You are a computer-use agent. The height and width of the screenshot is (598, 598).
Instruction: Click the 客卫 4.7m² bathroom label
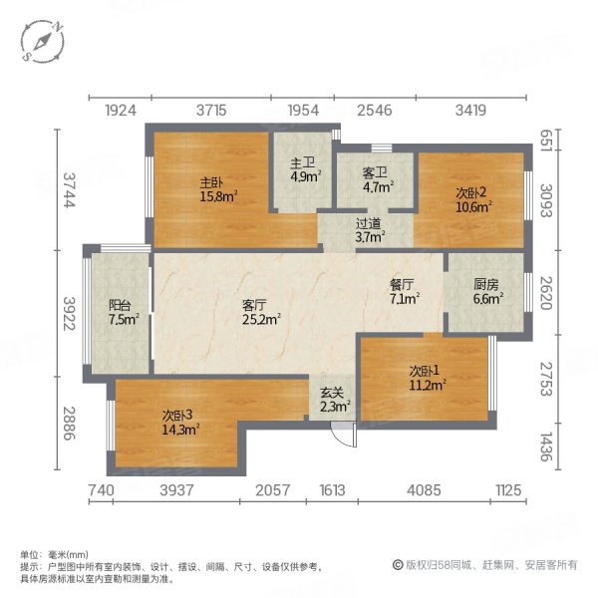coord(378,178)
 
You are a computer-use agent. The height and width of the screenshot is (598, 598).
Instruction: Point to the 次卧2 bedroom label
coord(469,200)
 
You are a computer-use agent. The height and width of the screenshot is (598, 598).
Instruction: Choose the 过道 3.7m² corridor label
coord(370,231)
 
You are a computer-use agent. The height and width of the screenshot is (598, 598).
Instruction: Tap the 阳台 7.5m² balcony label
coord(123,313)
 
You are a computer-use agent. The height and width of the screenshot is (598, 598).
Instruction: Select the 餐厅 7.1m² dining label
coord(405,290)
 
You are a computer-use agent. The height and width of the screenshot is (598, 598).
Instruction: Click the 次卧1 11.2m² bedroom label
coord(426,378)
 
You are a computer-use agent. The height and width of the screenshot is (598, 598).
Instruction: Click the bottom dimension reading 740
coord(102,489)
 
